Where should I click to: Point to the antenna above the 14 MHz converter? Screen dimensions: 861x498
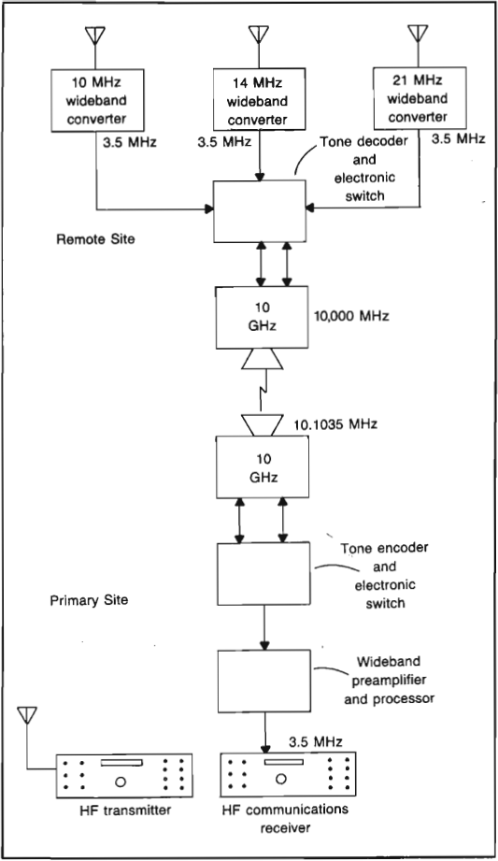tap(258, 35)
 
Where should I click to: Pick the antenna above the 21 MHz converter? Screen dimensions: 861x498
tap(418, 35)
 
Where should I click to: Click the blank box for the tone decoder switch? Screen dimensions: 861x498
tap(259, 210)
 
